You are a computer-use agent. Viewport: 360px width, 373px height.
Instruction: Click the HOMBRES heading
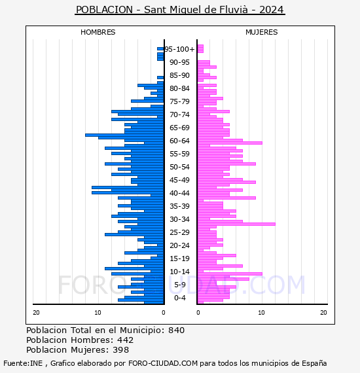(x=98, y=32)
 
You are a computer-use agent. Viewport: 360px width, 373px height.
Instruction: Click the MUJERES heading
(x=262, y=32)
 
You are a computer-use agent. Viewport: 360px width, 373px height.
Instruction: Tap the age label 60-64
(x=179, y=141)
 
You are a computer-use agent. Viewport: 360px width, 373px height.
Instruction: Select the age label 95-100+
(x=179, y=49)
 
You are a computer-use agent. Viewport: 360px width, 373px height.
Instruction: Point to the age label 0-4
(x=179, y=298)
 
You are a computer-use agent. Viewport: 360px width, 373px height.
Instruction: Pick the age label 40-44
(x=179, y=193)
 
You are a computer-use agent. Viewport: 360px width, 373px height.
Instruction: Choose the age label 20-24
(x=179, y=245)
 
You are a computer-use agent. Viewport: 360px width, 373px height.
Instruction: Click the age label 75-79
(x=179, y=101)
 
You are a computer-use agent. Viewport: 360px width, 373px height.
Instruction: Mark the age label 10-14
(x=179, y=272)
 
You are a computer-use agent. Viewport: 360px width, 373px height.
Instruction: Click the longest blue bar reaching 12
(x=124, y=135)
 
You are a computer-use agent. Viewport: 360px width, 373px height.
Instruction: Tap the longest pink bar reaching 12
(x=236, y=224)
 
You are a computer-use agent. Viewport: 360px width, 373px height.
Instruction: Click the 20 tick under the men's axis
(x=36, y=313)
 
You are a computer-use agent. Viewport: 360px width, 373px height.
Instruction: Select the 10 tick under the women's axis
(x=261, y=313)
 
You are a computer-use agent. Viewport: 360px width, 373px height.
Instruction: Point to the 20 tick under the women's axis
(x=323, y=313)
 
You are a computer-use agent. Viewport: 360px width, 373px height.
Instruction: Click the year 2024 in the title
(x=271, y=10)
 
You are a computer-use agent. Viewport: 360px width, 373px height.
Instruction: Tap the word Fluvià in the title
(x=234, y=10)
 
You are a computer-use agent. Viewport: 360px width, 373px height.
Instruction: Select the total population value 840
(x=176, y=330)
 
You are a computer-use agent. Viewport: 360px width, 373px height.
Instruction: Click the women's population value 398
(x=120, y=349)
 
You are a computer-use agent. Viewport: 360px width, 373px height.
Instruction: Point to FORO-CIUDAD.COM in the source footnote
(x=163, y=363)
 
